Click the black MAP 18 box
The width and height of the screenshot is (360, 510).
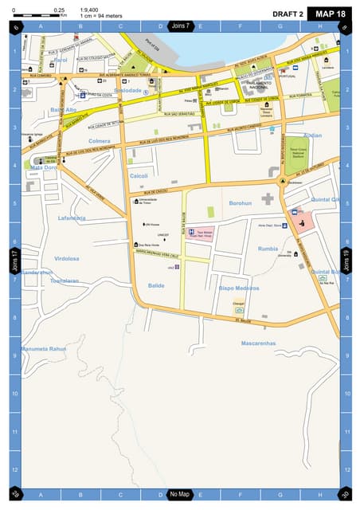coord(330,14)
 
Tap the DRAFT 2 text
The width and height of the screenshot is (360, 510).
coord(288,14)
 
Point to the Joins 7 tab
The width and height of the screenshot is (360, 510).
coord(181,26)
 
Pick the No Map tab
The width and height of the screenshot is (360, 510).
coord(180,495)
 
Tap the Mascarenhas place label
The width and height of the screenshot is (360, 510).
coord(258,343)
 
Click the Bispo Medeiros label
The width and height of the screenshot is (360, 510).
coord(239,288)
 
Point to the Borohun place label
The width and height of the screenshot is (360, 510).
coord(240,203)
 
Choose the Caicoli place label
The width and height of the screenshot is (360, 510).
coord(139,176)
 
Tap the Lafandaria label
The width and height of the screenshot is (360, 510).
coord(72,218)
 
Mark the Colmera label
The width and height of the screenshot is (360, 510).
coord(100,141)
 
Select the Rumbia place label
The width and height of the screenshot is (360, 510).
coord(268,249)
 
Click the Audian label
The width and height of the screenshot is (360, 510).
coord(313,135)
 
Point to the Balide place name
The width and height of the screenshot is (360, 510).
coord(156,284)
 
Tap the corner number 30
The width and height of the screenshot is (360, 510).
coord(344,494)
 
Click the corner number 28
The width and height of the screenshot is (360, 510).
coord(15,494)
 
